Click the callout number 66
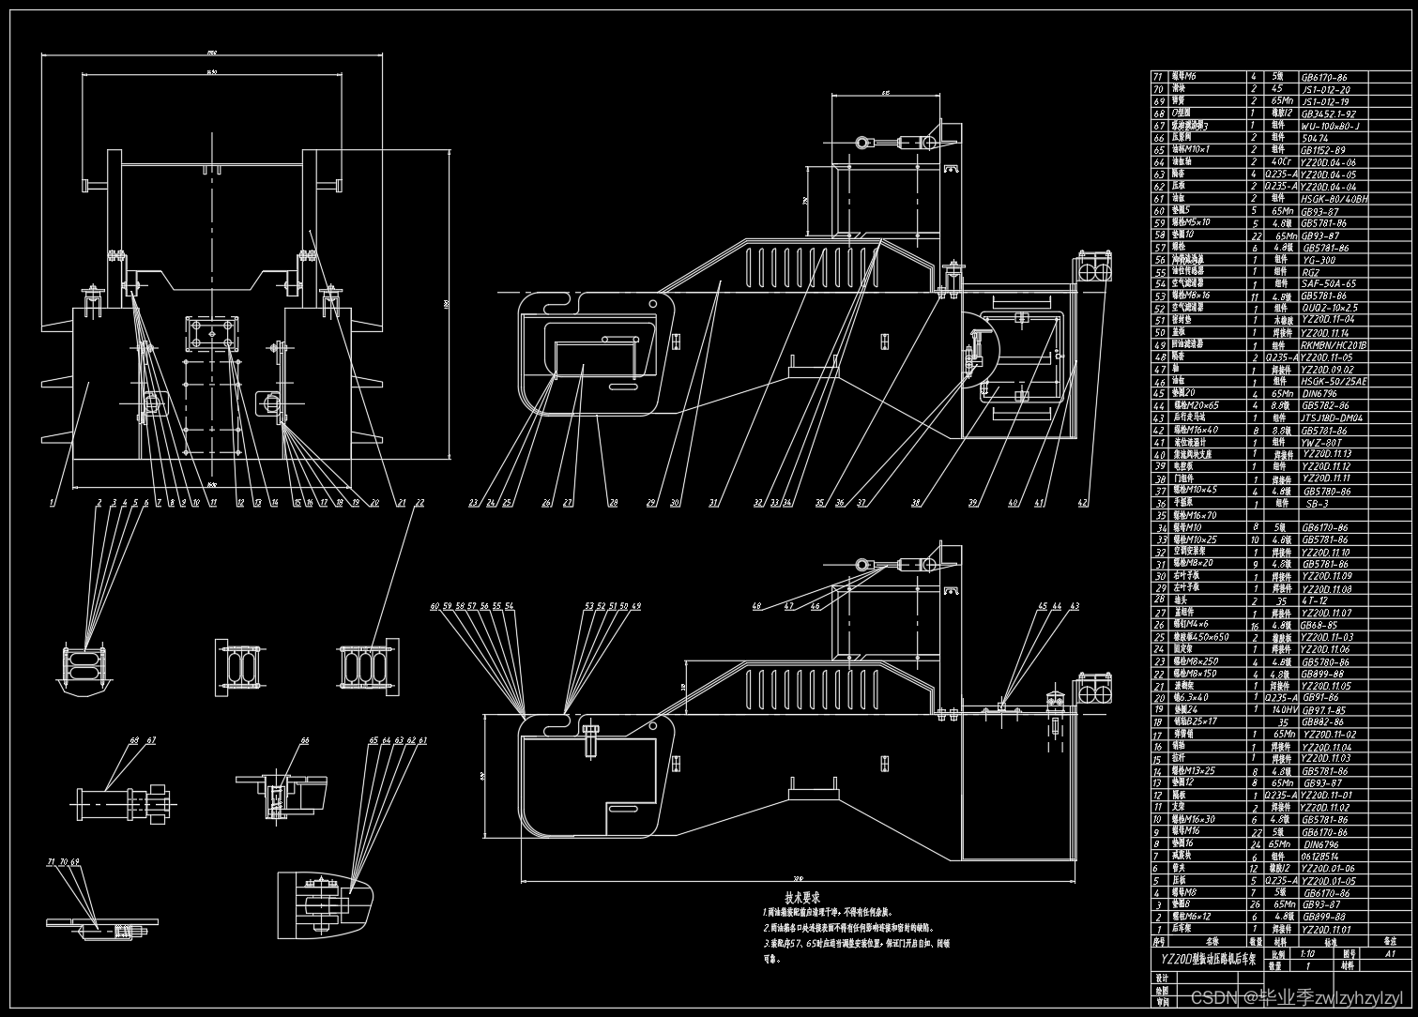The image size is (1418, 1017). coord(304,741)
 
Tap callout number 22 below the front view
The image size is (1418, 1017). coord(419,504)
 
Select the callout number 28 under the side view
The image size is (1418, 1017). coord(613,504)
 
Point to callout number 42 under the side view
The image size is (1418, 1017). coord(1083,504)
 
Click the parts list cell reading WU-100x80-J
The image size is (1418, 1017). coord(1330,126)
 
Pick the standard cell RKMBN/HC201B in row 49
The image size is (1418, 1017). coord(1334,345)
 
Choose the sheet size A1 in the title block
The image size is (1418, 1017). coord(1390,952)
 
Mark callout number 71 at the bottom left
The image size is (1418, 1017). coord(51,861)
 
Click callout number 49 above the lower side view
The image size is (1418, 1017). coord(636,607)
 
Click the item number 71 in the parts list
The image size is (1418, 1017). coord(1158,77)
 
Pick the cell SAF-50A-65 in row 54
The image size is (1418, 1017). coord(1328,284)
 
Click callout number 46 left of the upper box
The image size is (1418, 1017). coord(816,607)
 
